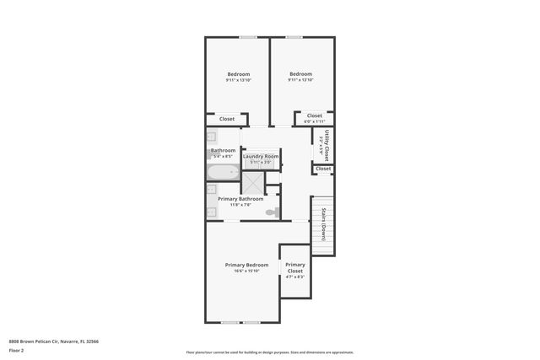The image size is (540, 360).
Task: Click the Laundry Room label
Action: click(261, 156)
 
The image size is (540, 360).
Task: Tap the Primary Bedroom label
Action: click(246, 265)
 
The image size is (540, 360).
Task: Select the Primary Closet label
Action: click(294, 267)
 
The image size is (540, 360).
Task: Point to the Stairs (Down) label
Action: click(323, 225)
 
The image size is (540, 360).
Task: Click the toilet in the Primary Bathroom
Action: click(271, 212)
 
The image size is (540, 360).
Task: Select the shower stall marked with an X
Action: click(253, 183)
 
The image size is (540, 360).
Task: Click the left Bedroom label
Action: click(238, 74)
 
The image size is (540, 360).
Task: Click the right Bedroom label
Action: click(300, 74)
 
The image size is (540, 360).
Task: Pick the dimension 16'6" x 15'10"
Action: click(246, 271)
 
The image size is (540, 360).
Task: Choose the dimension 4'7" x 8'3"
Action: click(294, 277)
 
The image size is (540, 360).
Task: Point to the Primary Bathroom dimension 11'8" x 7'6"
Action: click(246, 205)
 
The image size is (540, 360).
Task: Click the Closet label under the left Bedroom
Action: click(227, 119)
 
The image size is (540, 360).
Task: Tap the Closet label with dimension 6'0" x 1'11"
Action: click(314, 116)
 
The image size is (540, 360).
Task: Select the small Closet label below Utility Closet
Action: click(323, 169)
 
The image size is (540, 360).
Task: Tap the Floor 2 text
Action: click(17, 350)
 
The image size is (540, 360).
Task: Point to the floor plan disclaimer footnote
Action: click(269, 352)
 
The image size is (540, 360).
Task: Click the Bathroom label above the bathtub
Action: click(224, 150)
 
